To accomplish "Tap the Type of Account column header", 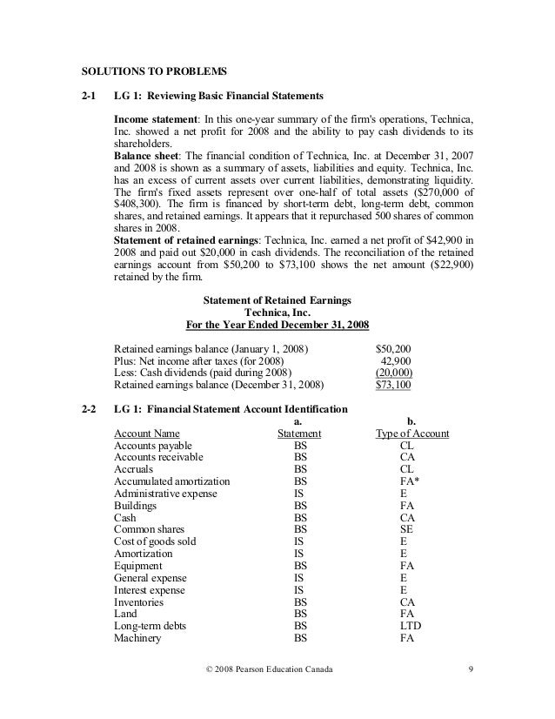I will point(411,433).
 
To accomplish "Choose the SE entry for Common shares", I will point(406,528).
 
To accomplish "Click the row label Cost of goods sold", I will point(155,541).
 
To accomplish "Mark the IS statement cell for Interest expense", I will point(298,588).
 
